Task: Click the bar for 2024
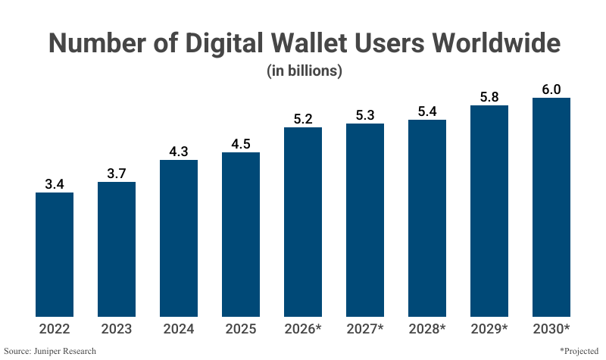[179, 238]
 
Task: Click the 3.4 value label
[55, 183]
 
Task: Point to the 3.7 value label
[117, 173]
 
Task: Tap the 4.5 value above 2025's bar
[241, 143]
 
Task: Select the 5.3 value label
[365, 114]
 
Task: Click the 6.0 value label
[551, 89]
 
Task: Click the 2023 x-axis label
[117, 329]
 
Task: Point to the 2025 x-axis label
[241, 329]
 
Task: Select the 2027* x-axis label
[365, 329]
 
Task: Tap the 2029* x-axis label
[489, 329]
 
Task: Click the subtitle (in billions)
[304, 71]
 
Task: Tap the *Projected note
[579, 351]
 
